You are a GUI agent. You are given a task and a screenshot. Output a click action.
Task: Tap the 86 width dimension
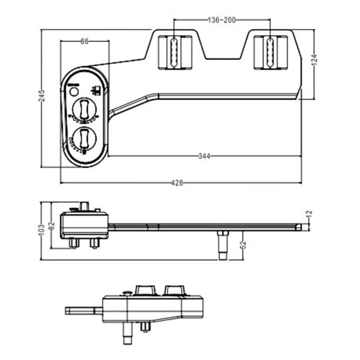pyautogui.click(x=84, y=41)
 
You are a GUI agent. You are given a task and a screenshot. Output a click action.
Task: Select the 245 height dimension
pyautogui.click(x=42, y=96)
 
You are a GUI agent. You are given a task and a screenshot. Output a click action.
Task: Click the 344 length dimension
pyautogui.click(x=204, y=156)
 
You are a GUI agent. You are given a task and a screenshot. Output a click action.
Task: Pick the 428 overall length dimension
pyautogui.click(x=177, y=183)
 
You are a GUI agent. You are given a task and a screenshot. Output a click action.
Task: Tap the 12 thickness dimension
pyautogui.click(x=309, y=215)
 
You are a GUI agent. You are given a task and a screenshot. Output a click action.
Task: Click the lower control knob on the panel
pyautogui.click(x=84, y=138)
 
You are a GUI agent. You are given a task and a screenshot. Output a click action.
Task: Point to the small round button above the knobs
pyautogui.click(x=74, y=92)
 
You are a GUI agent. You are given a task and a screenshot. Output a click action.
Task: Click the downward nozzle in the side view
pyautogui.click(x=222, y=244)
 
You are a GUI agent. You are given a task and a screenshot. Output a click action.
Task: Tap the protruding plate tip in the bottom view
pyautogui.click(x=80, y=310)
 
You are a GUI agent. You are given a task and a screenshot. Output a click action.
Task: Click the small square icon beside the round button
pyautogui.click(x=96, y=90)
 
